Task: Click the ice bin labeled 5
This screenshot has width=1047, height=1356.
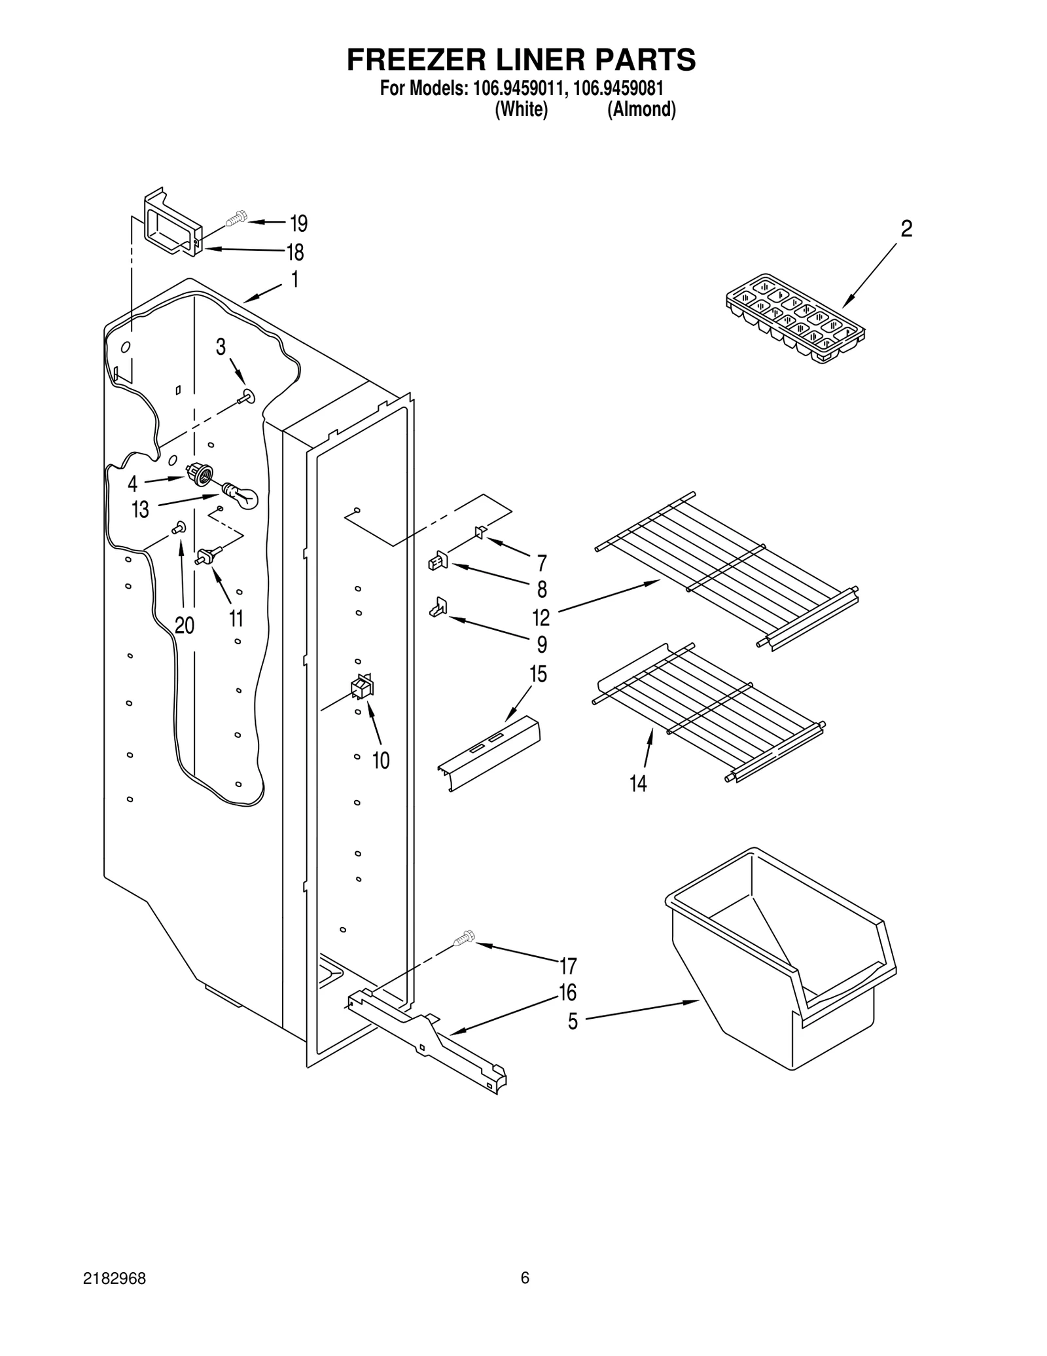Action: point(779,961)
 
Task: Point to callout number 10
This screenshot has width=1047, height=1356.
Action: point(380,760)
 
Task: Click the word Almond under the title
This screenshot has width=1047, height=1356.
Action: point(641,110)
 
